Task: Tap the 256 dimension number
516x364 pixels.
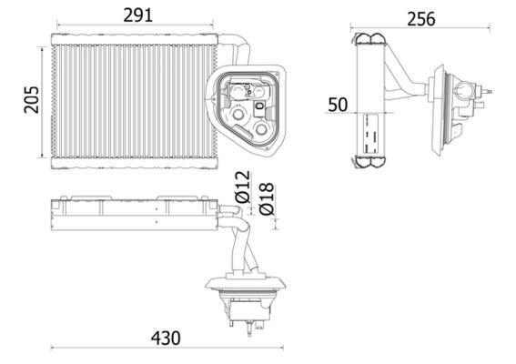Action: click(x=421, y=19)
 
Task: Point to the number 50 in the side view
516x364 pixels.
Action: click(x=339, y=105)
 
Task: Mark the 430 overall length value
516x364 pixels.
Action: click(x=165, y=338)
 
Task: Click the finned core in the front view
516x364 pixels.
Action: click(x=127, y=100)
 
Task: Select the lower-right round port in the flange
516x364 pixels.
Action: click(x=264, y=129)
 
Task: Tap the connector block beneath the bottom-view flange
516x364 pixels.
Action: click(x=244, y=315)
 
